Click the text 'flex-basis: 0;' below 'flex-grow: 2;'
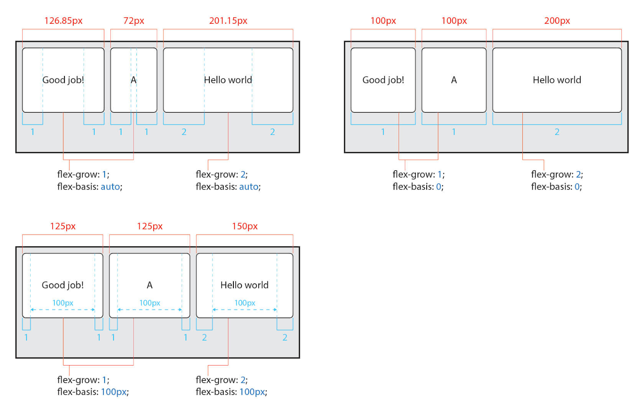pos(556,187)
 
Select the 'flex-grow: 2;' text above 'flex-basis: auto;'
pos(222,175)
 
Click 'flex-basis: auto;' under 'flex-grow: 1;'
pos(90,187)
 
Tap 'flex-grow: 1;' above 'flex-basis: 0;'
pos(419,175)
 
